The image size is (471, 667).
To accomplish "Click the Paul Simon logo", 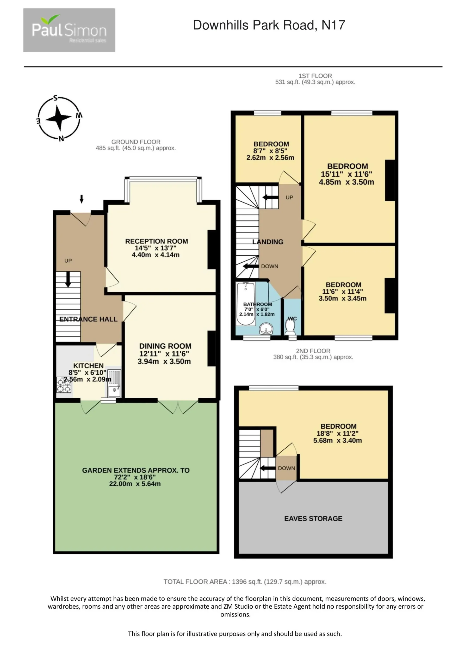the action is pyautogui.click(x=69, y=30).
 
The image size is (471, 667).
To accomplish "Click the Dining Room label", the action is pyautogui.click(x=165, y=346).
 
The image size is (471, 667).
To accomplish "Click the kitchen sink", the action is pyautogui.click(x=114, y=384).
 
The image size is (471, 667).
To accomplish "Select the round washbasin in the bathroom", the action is pyautogui.click(x=266, y=329).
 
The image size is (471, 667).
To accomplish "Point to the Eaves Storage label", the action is pyautogui.click(x=313, y=518).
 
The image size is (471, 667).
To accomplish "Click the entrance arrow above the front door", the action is pyautogui.click(x=82, y=199).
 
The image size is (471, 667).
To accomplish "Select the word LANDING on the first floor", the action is pyautogui.click(x=268, y=242).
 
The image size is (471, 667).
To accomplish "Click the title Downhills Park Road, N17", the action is pyautogui.click(x=269, y=25).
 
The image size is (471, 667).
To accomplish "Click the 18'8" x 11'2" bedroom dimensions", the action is pyautogui.click(x=337, y=434).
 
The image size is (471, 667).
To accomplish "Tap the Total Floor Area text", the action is pyautogui.click(x=245, y=582).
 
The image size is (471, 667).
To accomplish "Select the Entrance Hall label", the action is pyautogui.click(x=88, y=319).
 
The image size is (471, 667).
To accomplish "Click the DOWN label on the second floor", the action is pyautogui.click(x=286, y=468).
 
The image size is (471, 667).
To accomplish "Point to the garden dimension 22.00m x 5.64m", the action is pyautogui.click(x=135, y=484).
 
